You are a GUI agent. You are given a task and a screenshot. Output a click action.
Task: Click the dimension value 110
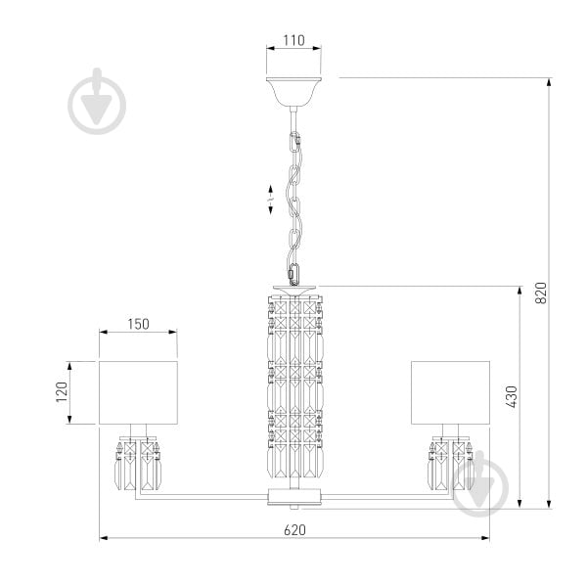[x=293, y=40]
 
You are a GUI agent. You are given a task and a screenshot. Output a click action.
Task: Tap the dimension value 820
[x=541, y=293]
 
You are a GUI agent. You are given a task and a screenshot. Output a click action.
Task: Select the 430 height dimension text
[x=511, y=397]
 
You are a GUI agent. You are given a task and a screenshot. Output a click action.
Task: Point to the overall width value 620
[x=294, y=530]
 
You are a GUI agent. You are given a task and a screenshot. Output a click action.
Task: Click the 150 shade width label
[x=138, y=324]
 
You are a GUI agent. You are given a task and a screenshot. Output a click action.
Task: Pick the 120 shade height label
[x=62, y=392]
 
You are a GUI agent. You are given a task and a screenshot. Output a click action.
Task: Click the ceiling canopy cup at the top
[x=293, y=91]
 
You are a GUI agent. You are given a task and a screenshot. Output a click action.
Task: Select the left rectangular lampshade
[x=138, y=392]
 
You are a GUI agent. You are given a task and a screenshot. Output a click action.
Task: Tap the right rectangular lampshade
[x=450, y=392]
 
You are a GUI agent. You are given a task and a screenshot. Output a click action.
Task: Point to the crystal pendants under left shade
[x=138, y=464]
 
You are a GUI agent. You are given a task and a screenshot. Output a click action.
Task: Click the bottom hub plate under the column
[x=294, y=497]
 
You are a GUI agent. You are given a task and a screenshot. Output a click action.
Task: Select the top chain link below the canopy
[x=295, y=141]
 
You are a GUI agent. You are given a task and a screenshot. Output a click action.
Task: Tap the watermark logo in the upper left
[x=97, y=102]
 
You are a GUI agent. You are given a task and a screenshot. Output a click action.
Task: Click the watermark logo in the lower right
[x=480, y=483]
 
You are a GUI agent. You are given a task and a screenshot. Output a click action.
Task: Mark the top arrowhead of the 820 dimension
[x=549, y=82]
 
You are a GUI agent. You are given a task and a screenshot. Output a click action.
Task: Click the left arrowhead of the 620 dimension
[x=104, y=538]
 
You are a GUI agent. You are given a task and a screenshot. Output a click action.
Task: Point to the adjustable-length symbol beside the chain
[x=271, y=200]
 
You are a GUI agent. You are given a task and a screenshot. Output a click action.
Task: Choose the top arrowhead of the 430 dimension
[x=519, y=291]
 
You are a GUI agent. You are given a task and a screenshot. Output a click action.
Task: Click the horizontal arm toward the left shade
[x=202, y=497]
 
